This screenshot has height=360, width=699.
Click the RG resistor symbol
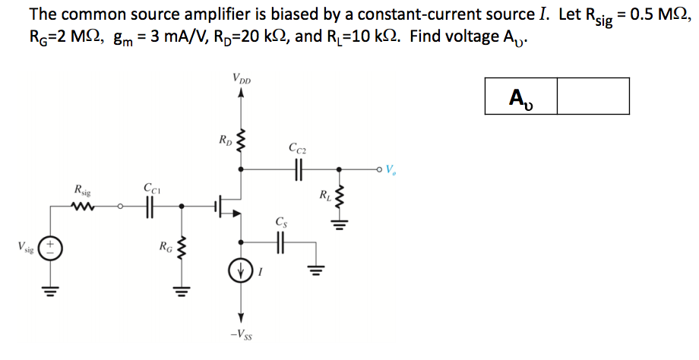click(x=181, y=248)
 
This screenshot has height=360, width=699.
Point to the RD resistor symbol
click(x=241, y=140)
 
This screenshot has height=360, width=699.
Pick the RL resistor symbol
click(x=340, y=200)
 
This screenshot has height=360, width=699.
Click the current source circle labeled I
click(x=241, y=272)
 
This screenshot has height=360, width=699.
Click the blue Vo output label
click(x=391, y=169)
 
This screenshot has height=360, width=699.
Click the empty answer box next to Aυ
click(x=593, y=96)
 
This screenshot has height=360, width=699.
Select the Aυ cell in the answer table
click(x=520, y=96)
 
